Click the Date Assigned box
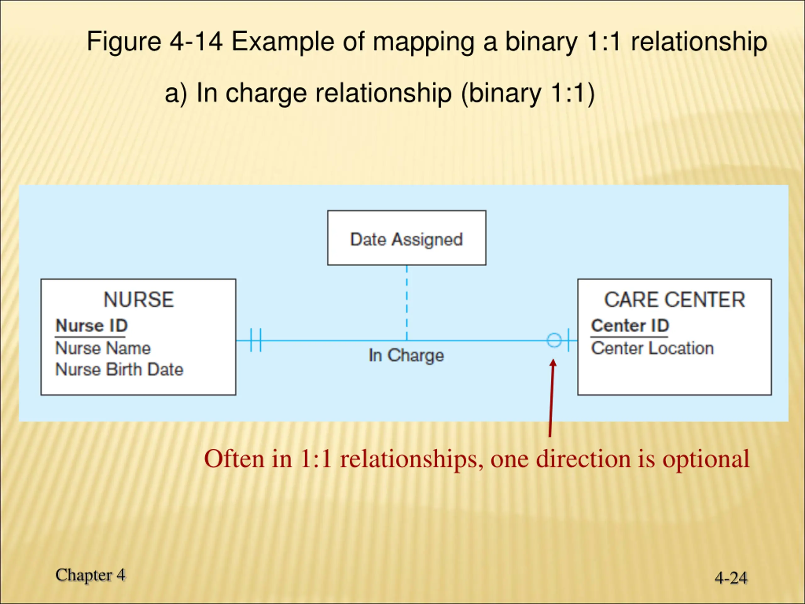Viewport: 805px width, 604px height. coord(407,238)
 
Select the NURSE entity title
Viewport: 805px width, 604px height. coord(139,299)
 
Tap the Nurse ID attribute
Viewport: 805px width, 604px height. coord(91,326)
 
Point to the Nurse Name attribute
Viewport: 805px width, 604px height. coord(103,348)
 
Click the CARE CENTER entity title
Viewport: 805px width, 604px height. coord(675,299)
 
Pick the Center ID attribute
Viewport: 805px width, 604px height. coord(630,326)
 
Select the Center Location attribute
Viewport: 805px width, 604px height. coord(652,348)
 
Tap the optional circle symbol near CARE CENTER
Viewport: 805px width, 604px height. coord(554,340)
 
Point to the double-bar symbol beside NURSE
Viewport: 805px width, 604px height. coord(256,340)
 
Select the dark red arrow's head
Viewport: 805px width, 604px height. coord(553,364)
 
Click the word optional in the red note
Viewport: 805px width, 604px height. coord(706,459)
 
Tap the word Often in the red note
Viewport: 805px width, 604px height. coord(234,459)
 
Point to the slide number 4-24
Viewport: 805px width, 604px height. coord(731,578)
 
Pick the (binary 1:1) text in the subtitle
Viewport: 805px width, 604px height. coord(528,93)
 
